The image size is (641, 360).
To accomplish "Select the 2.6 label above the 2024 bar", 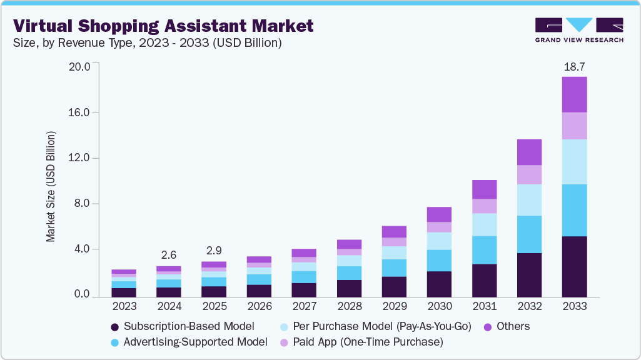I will click(169, 254).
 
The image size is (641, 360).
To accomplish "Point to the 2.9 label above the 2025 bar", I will click(214, 250).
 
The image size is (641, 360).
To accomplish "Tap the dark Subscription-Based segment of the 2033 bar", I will click(574, 266).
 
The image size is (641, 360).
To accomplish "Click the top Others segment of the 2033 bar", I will click(574, 94).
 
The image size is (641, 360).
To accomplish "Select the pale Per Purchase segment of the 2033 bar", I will click(574, 161).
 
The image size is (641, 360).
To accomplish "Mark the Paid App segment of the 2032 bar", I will click(529, 174).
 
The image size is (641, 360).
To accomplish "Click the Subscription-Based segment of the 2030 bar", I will click(439, 283).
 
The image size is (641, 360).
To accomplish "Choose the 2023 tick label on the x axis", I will click(124, 307).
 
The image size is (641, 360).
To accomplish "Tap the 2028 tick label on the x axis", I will click(349, 307).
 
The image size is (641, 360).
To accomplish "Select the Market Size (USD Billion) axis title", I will click(51, 186).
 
